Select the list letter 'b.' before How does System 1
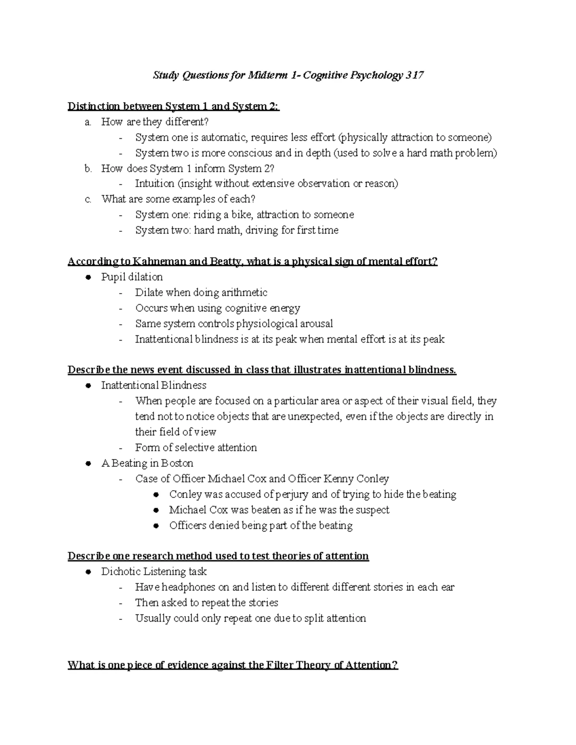click(x=88, y=168)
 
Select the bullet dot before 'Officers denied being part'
click(x=156, y=526)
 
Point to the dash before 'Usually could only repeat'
click(x=120, y=618)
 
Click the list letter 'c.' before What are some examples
click(x=88, y=200)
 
